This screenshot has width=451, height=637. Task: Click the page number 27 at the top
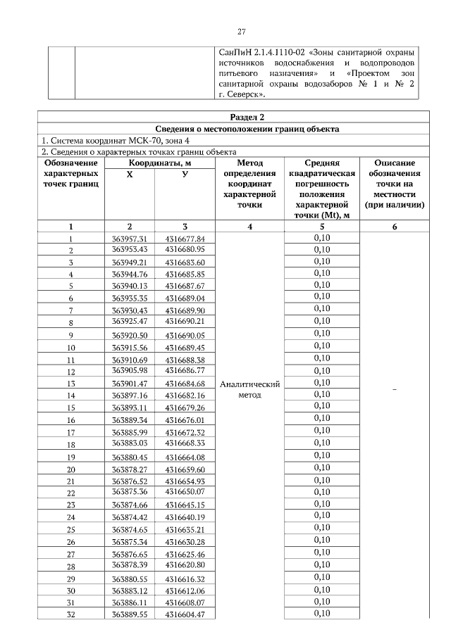click(x=240, y=32)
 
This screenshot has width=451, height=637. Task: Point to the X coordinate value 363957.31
click(x=130, y=239)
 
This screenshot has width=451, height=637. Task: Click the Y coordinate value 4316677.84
click(x=185, y=239)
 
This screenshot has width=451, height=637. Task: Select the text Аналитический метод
click(x=250, y=389)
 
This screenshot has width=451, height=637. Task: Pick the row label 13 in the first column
click(x=70, y=384)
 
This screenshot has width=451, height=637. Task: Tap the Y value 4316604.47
click(x=185, y=614)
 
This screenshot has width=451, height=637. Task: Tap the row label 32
click(x=70, y=614)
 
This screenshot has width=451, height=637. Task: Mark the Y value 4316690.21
click(x=185, y=321)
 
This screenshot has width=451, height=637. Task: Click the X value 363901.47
click(x=130, y=384)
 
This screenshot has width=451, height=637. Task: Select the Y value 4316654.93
click(x=185, y=480)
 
